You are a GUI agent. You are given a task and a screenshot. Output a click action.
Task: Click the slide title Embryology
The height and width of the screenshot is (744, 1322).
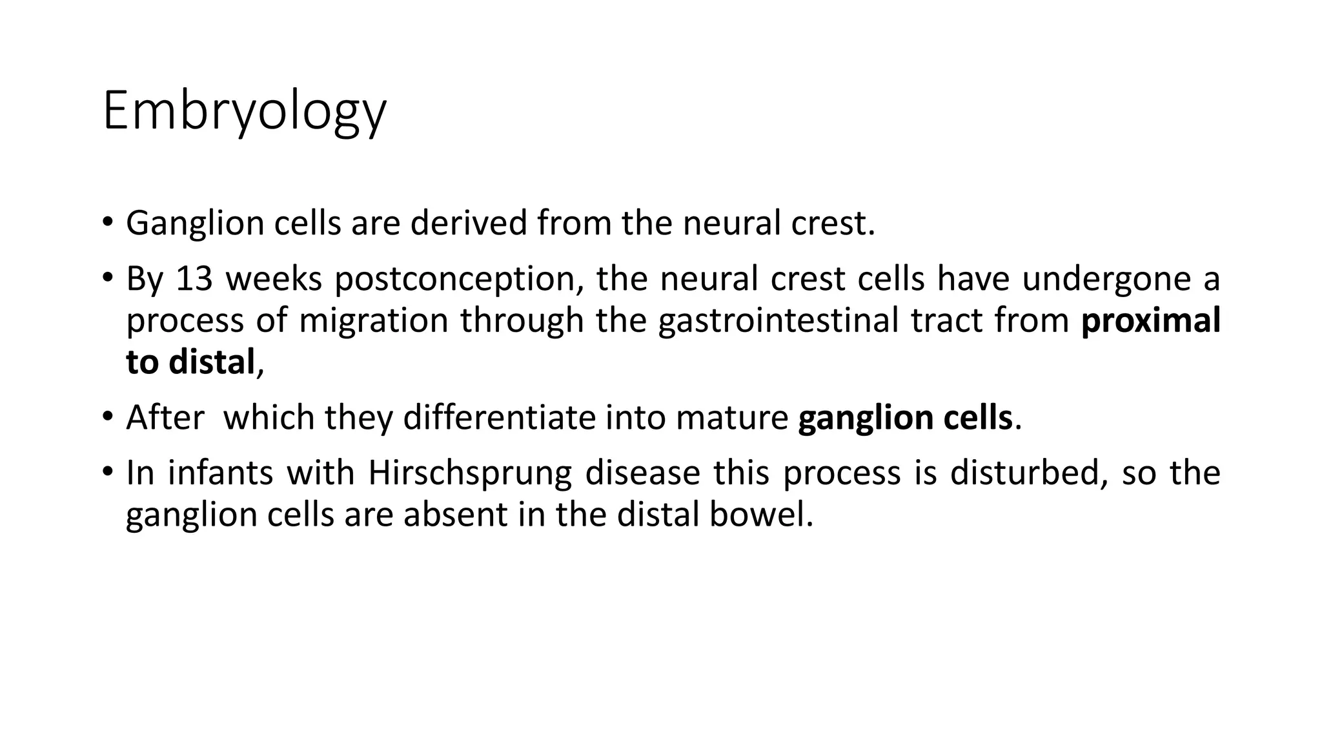[x=244, y=112]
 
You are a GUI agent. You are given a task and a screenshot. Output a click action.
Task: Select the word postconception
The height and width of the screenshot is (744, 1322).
[x=459, y=279]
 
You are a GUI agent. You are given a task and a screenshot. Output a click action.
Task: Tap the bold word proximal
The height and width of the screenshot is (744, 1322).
[x=1150, y=320]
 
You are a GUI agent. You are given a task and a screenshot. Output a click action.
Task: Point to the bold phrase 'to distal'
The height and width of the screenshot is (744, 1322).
[x=190, y=362]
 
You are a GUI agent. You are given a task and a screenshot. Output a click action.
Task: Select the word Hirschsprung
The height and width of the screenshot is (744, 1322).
[x=470, y=473]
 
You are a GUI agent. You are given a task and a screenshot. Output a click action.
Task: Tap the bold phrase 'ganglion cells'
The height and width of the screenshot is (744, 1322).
[x=905, y=418]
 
